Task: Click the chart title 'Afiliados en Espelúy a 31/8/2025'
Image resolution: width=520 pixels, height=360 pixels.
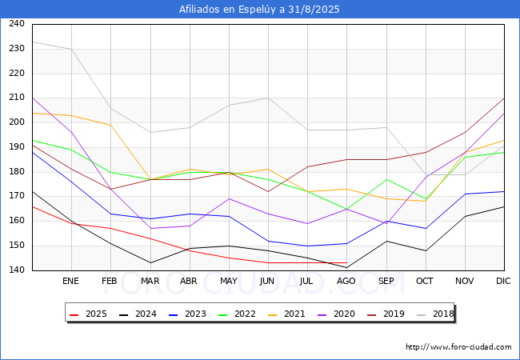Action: pyautogui.click(x=260, y=10)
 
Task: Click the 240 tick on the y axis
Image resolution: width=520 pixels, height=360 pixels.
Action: pyautogui.click(x=16, y=24)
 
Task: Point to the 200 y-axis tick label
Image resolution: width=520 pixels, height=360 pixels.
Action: pyautogui.click(x=16, y=122)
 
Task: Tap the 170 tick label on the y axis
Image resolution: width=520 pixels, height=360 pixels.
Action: pyautogui.click(x=16, y=197)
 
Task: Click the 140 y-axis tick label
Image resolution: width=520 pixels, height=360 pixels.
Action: pyautogui.click(x=16, y=271)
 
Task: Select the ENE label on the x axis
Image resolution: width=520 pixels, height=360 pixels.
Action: pyautogui.click(x=71, y=282)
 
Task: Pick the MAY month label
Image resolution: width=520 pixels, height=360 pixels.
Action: pyautogui.click(x=229, y=282)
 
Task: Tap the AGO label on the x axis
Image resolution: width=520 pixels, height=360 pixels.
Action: pyautogui.click(x=346, y=282)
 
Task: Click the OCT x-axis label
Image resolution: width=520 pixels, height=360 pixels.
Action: pyautogui.click(x=426, y=282)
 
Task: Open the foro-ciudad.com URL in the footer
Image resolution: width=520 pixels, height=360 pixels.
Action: pyautogui.click(x=458, y=347)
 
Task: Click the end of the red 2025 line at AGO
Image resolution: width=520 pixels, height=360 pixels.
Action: pyautogui.click(x=346, y=263)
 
